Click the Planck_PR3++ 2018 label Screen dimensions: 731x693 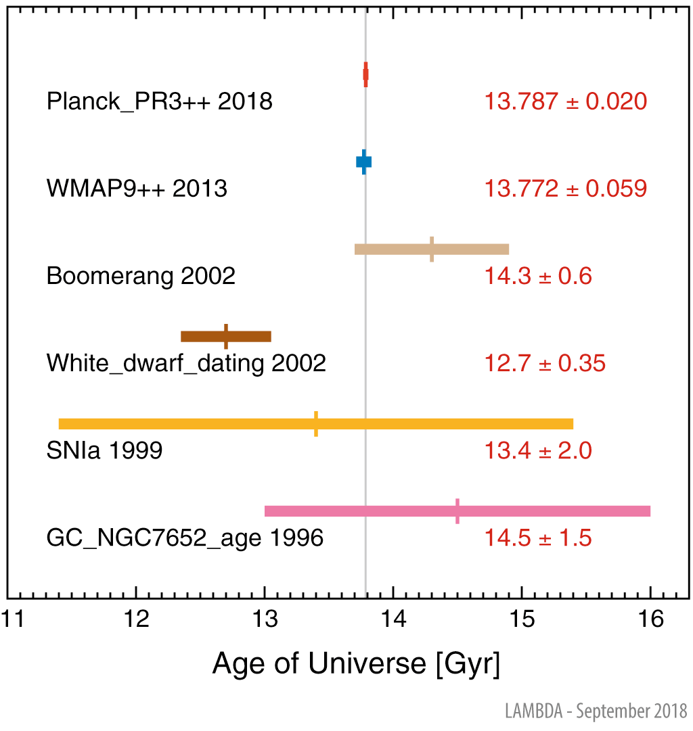point(159,102)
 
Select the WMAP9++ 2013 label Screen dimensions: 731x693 point(137,189)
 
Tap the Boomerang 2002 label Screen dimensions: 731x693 point(141,277)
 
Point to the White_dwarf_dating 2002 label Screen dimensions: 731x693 point(186,364)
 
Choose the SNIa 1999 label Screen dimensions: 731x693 point(104,451)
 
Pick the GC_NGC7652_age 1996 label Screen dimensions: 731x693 point(185,539)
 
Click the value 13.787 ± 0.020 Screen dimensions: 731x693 point(565,102)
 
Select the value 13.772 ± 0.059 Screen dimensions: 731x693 point(565,189)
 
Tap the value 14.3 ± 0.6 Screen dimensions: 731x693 point(537,277)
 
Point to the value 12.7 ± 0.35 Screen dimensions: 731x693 point(544,364)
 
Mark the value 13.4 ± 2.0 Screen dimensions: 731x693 point(537,451)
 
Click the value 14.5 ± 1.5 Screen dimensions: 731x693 point(537,539)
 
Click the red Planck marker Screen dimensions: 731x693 point(365,74)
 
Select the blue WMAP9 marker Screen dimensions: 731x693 point(364,162)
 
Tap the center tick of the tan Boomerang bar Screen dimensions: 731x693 point(432,249)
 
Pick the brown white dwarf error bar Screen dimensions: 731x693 point(226,337)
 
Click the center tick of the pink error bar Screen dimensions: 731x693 point(457,511)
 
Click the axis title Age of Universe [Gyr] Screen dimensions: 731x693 point(356,664)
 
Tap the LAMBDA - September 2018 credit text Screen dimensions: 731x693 point(596,711)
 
